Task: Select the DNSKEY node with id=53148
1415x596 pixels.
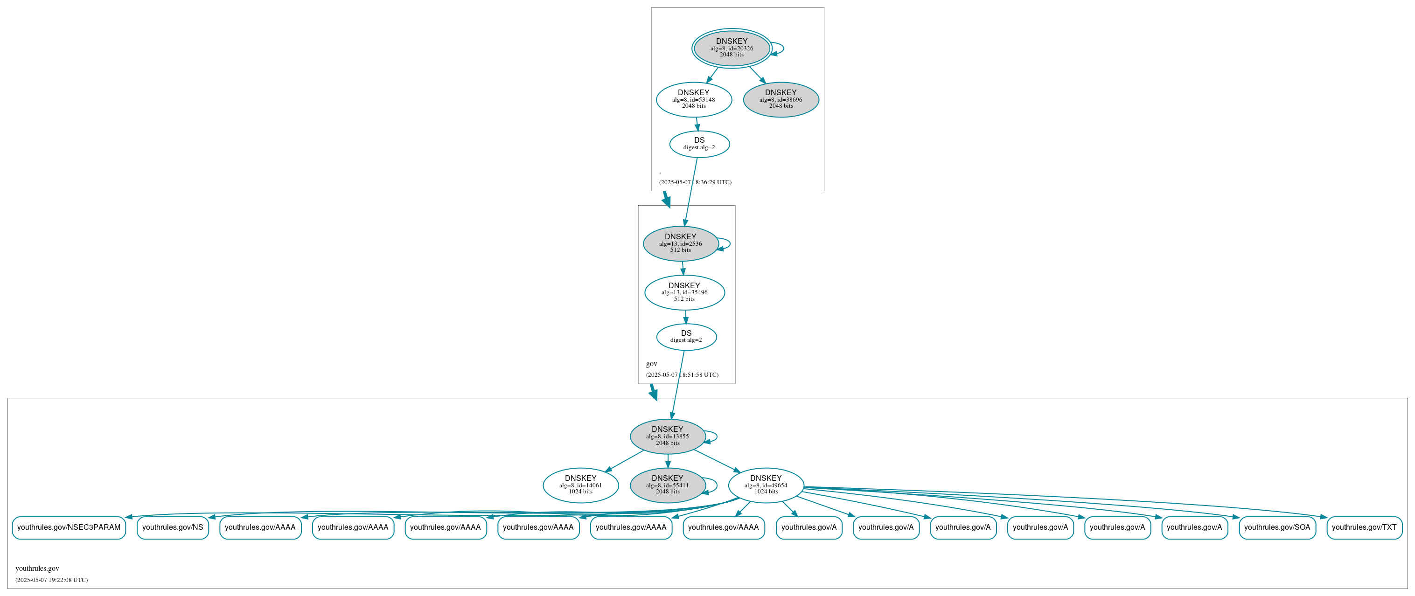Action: pyautogui.click(x=693, y=99)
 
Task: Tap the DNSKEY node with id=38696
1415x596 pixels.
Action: pyautogui.click(x=781, y=99)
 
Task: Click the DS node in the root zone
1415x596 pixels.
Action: pyautogui.click(x=699, y=144)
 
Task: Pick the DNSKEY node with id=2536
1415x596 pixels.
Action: pyautogui.click(x=680, y=243)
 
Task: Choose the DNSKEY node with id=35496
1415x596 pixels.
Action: pyautogui.click(x=684, y=292)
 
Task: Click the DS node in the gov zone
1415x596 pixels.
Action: pyautogui.click(x=686, y=337)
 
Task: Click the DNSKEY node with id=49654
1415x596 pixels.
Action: pyautogui.click(x=765, y=485)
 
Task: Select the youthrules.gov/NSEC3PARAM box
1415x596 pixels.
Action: pyautogui.click(x=69, y=527)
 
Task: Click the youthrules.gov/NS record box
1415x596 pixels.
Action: pyautogui.click(x=173, y=527)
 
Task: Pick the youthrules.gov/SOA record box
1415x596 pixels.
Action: pyautogui.click(x=1276, y=527)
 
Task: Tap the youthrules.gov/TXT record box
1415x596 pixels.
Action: pyautogui.click(x=1364, y=527)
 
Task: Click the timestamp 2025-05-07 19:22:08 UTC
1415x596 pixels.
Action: pyautogui.click(x=52, y=580)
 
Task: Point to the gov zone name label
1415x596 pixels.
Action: pyautogui.click(x=651, y=364)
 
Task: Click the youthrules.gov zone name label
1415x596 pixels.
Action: pyautogui.click(x=37, y=568)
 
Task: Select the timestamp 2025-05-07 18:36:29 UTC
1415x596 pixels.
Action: pyautogui.click(x=695, y=182)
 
